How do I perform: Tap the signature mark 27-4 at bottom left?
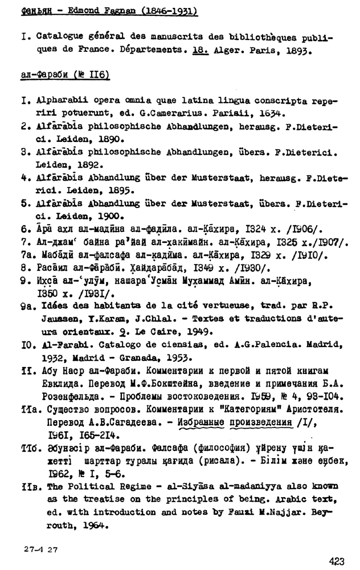pos(33,550)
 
